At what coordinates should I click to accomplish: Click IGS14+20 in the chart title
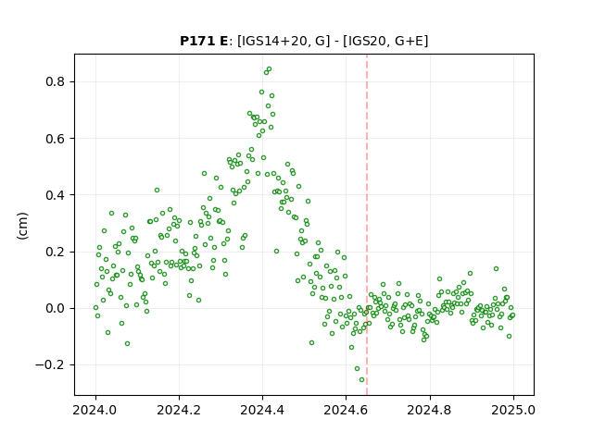tap(272, 41)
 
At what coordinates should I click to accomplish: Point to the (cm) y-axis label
tap(22, 226)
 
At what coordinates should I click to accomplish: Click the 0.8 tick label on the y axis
tap(56, 81)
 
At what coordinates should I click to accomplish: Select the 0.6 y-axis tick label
tap(56, 139)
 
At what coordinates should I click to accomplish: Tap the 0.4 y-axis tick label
tap(56, 195)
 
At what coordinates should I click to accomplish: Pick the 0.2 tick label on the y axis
tap(56, 252)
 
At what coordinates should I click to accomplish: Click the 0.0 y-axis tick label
tap(56, 308)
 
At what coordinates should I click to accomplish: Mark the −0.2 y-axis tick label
tap(51, 365)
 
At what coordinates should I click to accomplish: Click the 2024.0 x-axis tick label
tap(95, 410)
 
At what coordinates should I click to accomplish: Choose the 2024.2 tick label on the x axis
tap(179, 410)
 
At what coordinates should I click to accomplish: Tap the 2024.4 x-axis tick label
tap(262, 410)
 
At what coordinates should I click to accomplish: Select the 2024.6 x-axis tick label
tap(346, 410)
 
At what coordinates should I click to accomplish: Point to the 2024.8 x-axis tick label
tap(430, 410)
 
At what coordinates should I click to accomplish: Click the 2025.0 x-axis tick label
tap(513, 410)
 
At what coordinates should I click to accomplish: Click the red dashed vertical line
tap(367, 225)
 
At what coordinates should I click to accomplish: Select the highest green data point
tap(270, 69)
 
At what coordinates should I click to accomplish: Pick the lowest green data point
tap(362, 380)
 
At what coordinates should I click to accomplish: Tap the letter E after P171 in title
tap(223, 41)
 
